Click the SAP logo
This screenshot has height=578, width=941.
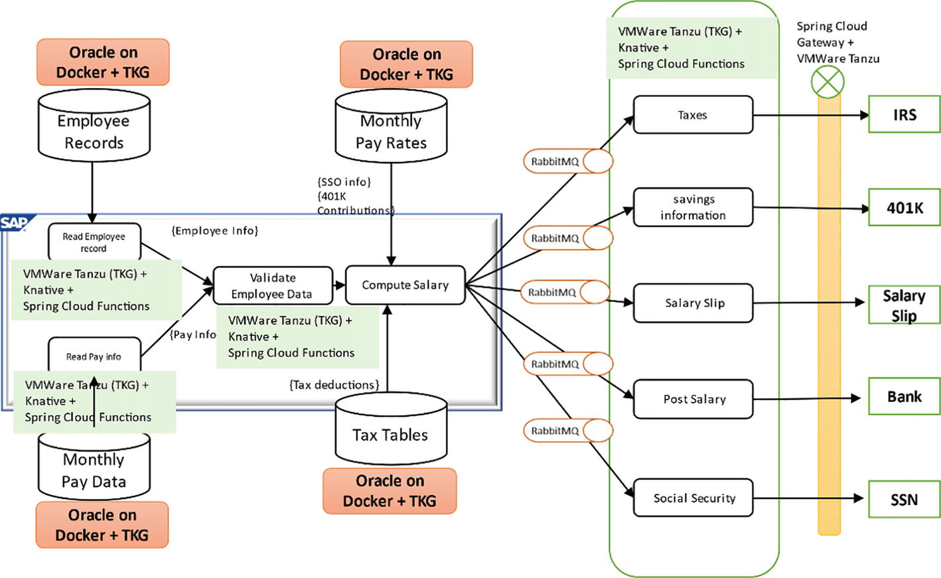[x=13, y=223]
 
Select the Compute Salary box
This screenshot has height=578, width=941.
[x=405, y=285]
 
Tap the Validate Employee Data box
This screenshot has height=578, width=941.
[x=272, y=286]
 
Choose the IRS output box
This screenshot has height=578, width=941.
[x=904, y=115]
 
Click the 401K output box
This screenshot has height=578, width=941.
[x=904, y=208]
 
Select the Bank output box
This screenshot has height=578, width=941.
[x=904, y=397]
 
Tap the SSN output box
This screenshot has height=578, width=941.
[x=904, y=500]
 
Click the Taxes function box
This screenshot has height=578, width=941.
[x=693, y=115]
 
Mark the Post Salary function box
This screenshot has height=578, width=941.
[x=693, y=399]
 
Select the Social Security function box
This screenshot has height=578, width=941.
[x=693, y=498]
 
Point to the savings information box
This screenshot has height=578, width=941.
[x=693, y=207]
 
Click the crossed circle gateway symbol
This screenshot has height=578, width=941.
[x=828, y=83]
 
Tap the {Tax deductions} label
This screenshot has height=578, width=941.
[x=334, y=385]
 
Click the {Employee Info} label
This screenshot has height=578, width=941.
[x=214, y=231]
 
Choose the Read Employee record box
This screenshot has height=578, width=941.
[x=94, y=242]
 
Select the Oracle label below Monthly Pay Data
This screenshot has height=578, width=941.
[x=102, y=525]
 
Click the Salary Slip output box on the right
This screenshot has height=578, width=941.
[x=904, y=305]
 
